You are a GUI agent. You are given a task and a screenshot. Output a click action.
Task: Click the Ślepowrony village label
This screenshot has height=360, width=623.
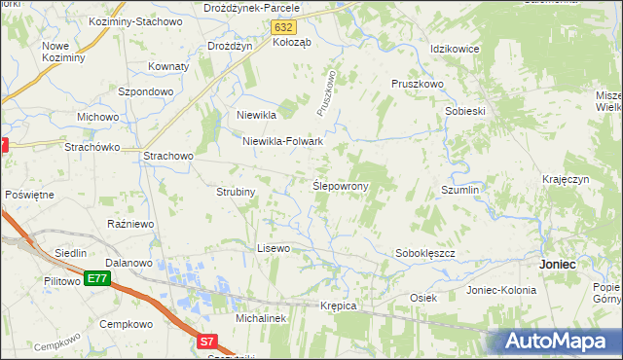339,185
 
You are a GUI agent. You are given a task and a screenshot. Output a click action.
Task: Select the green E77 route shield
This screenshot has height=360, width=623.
96,278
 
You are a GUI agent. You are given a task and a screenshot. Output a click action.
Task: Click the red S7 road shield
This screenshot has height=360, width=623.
207,342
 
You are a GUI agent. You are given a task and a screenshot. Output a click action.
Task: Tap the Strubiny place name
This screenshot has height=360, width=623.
236,192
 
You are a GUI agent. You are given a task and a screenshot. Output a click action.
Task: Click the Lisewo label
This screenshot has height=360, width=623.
274,248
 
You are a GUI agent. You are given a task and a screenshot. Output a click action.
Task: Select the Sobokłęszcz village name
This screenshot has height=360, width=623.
425,253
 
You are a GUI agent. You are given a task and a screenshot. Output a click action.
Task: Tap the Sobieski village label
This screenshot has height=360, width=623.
465,111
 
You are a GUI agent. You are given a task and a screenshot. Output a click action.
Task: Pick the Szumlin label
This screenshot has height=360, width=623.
460,190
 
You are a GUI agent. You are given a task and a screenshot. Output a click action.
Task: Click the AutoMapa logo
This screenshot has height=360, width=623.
559,341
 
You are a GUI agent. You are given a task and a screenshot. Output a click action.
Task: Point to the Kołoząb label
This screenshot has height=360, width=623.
292,43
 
